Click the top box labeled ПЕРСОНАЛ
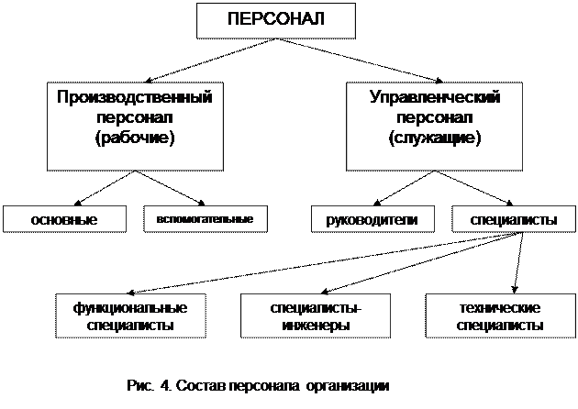276,19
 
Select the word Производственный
135,97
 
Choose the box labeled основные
63,221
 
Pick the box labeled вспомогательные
205,220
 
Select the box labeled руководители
371,221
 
